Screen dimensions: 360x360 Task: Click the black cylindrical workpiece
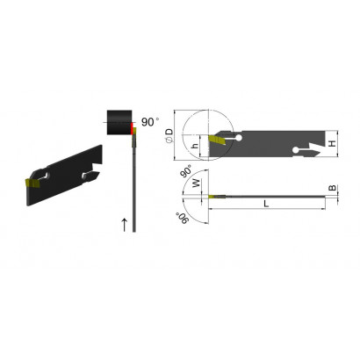coord(119,122)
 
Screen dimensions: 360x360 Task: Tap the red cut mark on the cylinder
coord(132,128)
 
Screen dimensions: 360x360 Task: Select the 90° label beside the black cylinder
coord(150,122)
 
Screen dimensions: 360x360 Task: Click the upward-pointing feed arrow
coord(125,225)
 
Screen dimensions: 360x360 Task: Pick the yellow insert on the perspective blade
coord(32,183)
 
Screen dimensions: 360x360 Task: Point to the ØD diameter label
coord(169,135)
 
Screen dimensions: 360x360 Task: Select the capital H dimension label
coord(332,143)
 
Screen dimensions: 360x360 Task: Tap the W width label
coord(197,184)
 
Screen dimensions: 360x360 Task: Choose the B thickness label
coord(333,188)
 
